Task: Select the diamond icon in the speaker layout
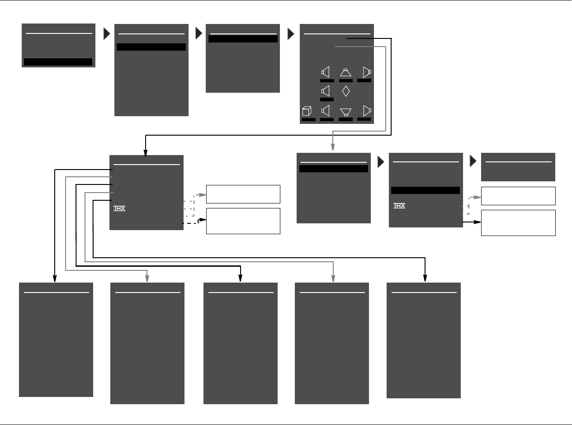point(346,91)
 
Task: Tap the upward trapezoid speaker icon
point(346,72)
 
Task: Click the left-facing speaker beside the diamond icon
point(326,91)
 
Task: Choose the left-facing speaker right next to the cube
point(326,111)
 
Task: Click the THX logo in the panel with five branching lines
point(119,209)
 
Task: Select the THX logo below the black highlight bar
point(399,206)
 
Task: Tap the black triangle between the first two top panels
point(107,34)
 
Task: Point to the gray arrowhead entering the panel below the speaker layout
point(333,147)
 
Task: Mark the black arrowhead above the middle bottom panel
point(241,277)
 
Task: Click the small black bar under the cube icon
point(309,120)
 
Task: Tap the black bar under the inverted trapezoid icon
point(345,120)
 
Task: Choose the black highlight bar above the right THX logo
point(425,190)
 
